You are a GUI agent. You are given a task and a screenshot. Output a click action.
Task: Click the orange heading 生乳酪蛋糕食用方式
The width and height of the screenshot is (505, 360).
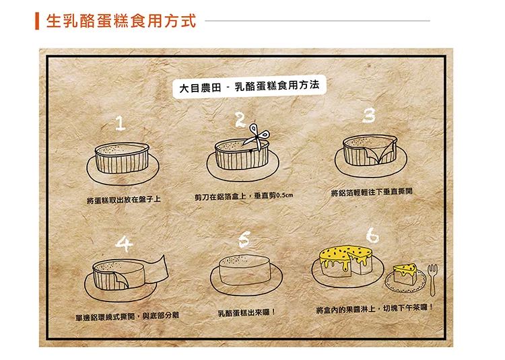pyautogui.click(x=121, y=22)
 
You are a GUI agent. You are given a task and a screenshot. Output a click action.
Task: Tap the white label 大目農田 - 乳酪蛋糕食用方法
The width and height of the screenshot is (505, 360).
pyautogui.click(x=249, y=86)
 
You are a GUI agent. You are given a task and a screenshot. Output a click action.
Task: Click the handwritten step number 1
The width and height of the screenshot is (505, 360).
pyautogui.click(x=120, y=123)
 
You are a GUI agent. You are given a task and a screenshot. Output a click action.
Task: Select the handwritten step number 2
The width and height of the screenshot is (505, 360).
pyautogui.click(x=240, y=120)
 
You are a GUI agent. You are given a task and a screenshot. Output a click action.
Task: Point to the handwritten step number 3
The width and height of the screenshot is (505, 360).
pyautogui.click(x=369, y=115)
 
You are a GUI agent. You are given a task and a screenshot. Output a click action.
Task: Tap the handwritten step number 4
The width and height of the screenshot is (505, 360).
pyautogui.click(x=124, y=244)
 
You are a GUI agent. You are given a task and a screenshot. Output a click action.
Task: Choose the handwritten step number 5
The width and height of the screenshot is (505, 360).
pyautogui.click(x=244, y=240)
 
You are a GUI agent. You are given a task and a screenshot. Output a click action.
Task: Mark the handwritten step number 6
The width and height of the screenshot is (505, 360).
pyautogui.click(x=372, y=235)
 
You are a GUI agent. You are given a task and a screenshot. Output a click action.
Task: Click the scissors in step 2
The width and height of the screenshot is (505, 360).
pyautogui.click(x=257, y=137)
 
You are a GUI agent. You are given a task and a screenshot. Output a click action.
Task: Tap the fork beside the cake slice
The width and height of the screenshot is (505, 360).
pyautogui.click(x=432, y=279)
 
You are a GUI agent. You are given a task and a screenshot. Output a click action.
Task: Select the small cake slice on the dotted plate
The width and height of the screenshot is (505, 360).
pyautogui.click(x=405, y=274)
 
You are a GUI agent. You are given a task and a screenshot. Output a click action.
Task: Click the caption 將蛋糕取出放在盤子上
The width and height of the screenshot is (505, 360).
pyautogui.click(x=124, y=200)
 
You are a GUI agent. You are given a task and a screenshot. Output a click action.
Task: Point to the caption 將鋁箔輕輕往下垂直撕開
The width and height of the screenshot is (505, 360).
pyautogui.click(x=372, y=192)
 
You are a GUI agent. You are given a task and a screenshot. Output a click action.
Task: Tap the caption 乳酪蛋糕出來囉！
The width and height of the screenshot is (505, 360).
pyautogui.click(x=246, y=312)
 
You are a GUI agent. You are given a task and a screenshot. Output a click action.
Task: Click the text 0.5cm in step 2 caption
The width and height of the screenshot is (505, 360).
pyautogui.click(x=285, y=195)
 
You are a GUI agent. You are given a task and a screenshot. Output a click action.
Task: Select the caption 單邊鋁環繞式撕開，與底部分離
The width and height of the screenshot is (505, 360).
pyautogui.click(x=127, y=316)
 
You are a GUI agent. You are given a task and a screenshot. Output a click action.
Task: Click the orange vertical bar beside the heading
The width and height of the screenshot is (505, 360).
pyautogui.click(x=37, y=22)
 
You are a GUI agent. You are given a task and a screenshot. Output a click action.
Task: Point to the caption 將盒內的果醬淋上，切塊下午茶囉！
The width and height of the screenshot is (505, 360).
pyautogui.click(x=374, y=309)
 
